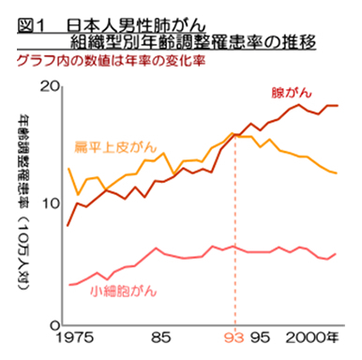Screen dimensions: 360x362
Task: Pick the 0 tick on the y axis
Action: pos(55,324)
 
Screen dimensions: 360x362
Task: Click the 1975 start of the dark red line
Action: pos(68,226)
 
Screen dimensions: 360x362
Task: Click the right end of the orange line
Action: pos(338,173)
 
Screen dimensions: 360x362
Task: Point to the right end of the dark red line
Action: pos(338,106)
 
